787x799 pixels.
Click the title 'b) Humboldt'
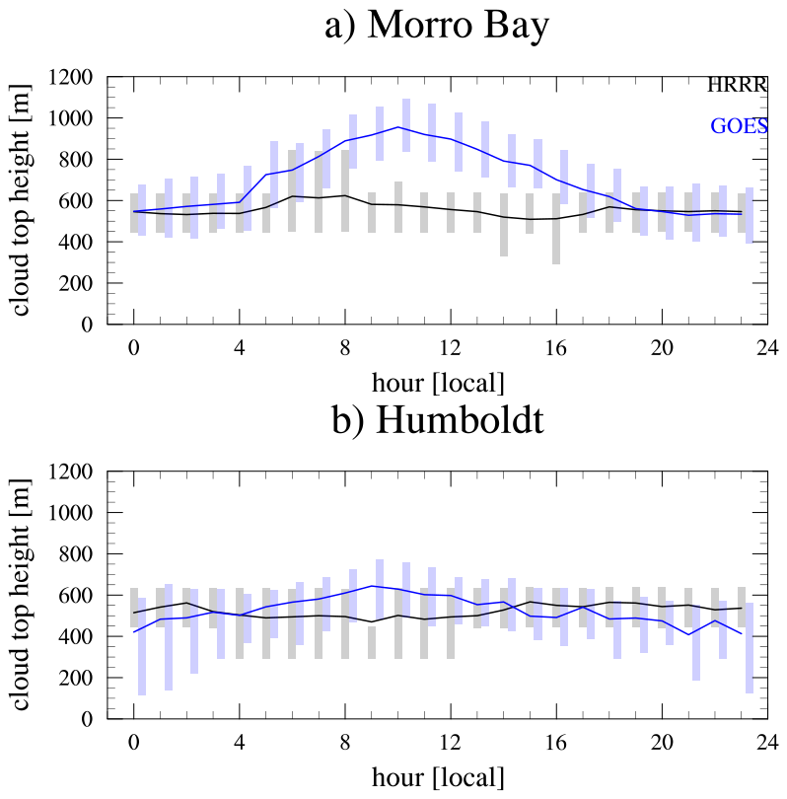tap(436, 421)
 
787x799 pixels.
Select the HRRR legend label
tap(737, 86)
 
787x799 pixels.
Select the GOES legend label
tap(739, 126)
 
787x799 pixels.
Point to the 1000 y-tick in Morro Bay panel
tap(74, 118)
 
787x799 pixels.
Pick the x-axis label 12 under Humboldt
tap(451, 744)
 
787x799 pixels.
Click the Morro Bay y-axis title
tap(21, 200)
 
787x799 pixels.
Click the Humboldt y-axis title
tap(21, 596)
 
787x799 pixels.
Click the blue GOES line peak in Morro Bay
tap(397, 127)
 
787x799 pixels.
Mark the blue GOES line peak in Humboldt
tap(372, 586)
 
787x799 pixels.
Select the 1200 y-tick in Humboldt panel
tap(74, 472)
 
